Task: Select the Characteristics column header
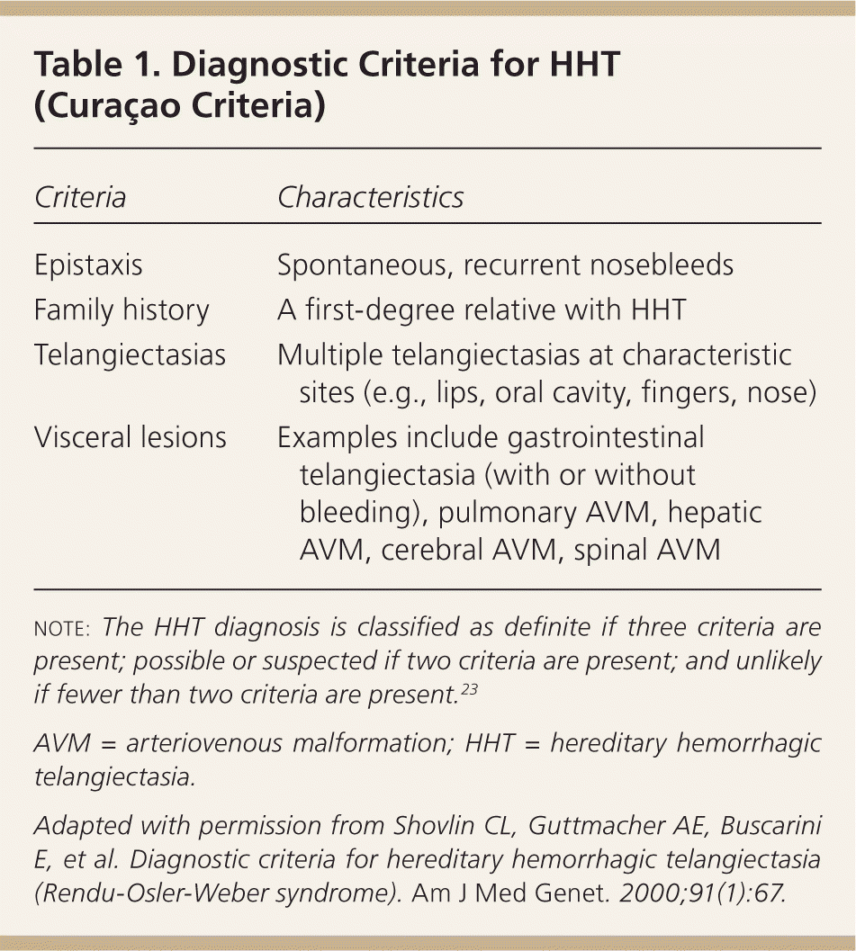point(370,197)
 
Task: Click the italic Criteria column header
point(80,197)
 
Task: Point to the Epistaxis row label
point(88,266)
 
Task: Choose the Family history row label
point(122,310)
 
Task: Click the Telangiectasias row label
point(130,354)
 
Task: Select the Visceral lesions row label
point(130,438)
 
